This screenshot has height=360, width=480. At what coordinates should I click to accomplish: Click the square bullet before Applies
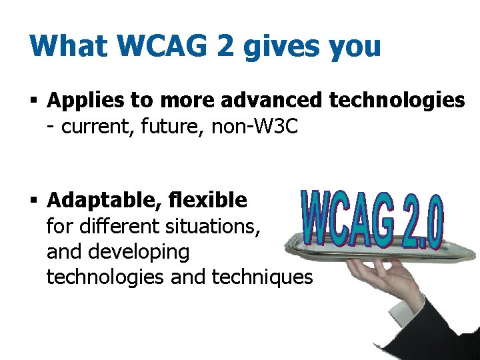(x=34, y=101)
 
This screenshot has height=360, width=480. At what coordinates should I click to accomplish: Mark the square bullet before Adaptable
(x=34, y=201)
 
